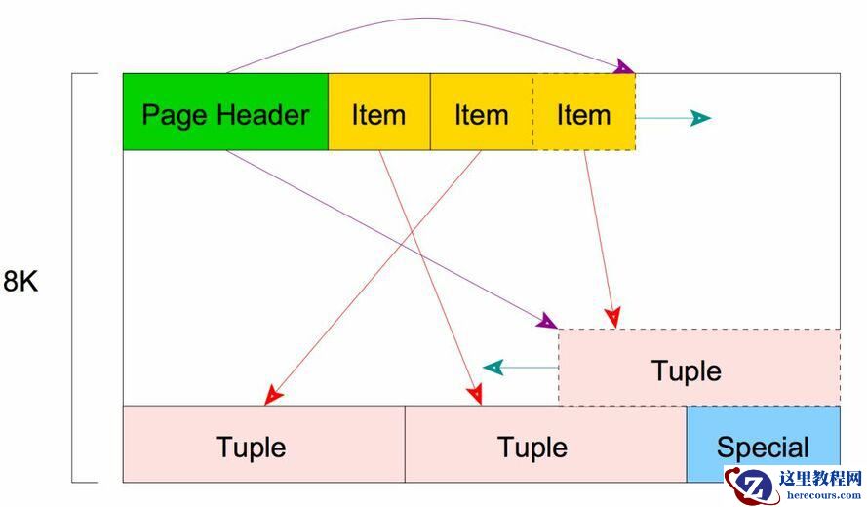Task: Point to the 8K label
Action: (x=20, y=283)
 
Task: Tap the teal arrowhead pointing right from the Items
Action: (x=700, y=118)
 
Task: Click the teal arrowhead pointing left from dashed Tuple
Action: (x=493, y=368)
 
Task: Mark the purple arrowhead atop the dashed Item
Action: (x=623, y=67)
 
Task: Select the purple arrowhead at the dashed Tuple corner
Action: (x=546, y=321)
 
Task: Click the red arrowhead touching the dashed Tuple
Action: (x=611, y=318)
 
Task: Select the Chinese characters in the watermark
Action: (x=821, y=478)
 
